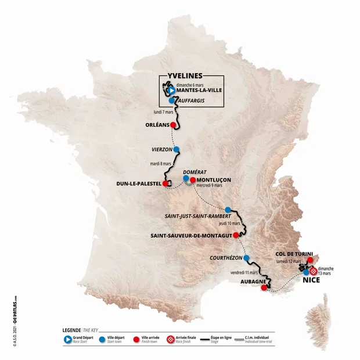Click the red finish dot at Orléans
click(x=173, y=124)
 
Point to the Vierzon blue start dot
click(x=176, y=149)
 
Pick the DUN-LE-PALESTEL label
click(x=140, y=185)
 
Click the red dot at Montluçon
click(x=193, y=180)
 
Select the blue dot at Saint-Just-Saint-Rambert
click(x=228, y=210)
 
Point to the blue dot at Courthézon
click(x=247, y=258)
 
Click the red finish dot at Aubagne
click(x=264, y=285)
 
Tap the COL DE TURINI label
click(x=295, y=254)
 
